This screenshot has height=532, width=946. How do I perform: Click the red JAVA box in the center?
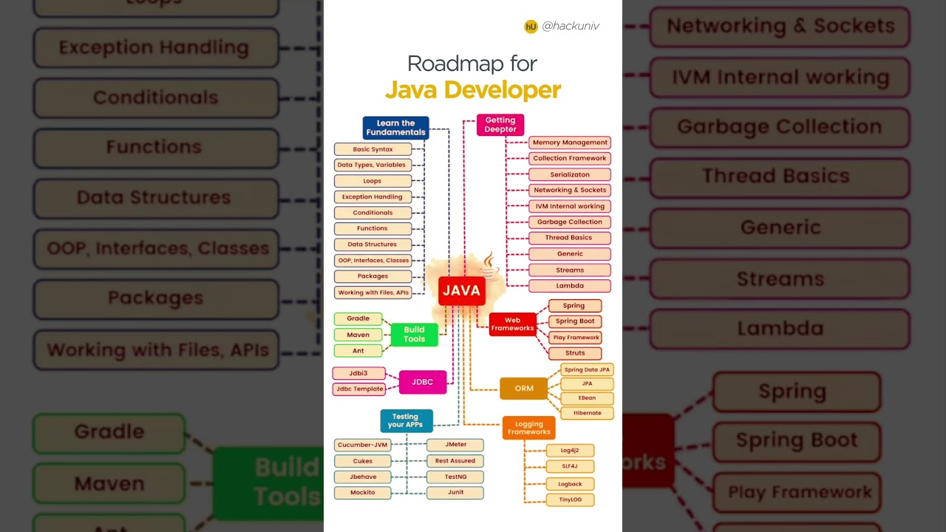click(461, 290)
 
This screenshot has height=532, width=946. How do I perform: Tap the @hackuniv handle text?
click(571, 26)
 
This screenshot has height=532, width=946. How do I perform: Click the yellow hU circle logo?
click(531, 27)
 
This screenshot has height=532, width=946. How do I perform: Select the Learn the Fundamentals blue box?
click(395, 128)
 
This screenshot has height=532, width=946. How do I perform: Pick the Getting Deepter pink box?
click(500, 125)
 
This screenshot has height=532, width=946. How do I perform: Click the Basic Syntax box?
click(372, 149)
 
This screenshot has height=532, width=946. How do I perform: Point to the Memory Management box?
click(569, 143)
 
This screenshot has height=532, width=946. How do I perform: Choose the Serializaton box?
click(569, 174)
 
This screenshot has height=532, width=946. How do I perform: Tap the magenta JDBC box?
click(423, 382)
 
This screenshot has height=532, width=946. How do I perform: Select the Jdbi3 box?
click(358, 373)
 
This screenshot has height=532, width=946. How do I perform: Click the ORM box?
click(523, 388)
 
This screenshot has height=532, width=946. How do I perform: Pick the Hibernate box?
click(587, 413)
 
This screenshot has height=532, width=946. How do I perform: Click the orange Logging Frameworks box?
click(528, 428)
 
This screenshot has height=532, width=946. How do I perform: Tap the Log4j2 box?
click(569, 450)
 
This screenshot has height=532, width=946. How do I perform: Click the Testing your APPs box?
click(406, 420)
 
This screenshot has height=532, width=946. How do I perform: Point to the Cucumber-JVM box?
click(362, 445)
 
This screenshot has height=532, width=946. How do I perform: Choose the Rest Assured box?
click(455, 460)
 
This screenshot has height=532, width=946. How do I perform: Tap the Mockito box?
click(362, 492)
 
